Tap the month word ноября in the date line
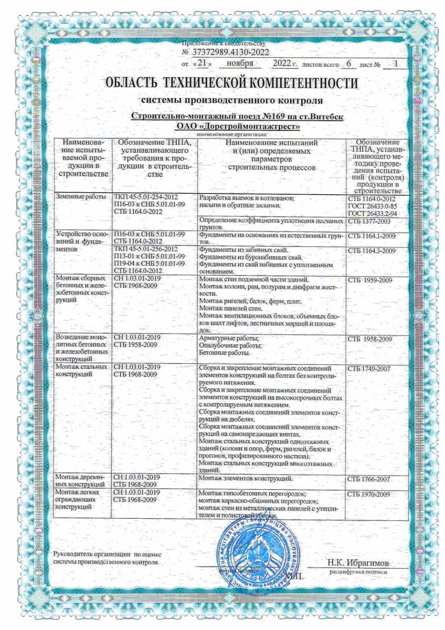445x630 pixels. [x=240, y=64]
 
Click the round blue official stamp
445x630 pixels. [x=251, y=553]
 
